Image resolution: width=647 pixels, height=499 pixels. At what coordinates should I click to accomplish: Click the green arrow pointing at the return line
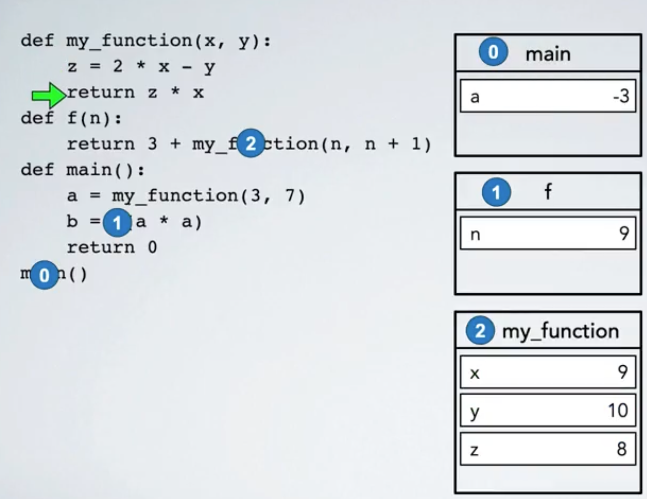48,94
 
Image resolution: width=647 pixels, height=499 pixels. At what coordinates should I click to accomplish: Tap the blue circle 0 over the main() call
44,275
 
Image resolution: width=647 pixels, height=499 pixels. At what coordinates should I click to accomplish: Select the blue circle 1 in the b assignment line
117,223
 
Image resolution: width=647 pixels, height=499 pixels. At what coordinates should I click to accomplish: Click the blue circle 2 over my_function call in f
250,144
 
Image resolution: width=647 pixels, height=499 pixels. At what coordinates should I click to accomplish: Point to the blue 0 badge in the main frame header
493,52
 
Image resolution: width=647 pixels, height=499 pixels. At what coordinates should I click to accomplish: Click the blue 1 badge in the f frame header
496,192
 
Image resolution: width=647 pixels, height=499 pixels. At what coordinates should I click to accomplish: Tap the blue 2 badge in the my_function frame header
480,331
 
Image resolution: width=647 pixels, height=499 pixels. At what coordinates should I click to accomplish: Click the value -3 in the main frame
621,96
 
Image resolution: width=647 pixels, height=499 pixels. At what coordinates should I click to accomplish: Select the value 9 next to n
624,234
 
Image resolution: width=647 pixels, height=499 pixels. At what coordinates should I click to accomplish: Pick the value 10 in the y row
618,411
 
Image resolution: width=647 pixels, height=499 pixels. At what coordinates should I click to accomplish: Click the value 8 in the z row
622,449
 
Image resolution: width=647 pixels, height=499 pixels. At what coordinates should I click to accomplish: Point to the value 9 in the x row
623,372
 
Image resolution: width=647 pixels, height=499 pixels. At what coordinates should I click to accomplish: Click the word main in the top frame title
548,54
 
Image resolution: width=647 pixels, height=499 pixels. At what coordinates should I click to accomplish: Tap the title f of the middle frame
548,191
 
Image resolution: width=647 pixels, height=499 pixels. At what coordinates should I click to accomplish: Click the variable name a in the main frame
475,97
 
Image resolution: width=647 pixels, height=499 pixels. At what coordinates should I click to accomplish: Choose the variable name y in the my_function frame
475,412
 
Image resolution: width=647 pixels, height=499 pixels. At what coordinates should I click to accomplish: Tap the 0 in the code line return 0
152,248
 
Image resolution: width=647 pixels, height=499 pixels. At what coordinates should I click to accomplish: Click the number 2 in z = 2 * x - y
117,66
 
